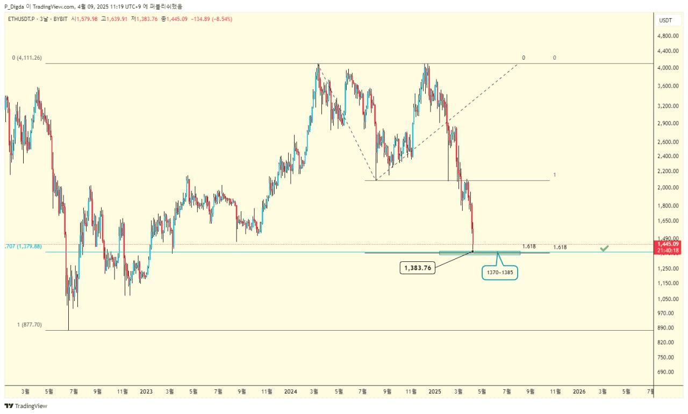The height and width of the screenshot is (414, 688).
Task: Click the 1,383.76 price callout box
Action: coord(417,268)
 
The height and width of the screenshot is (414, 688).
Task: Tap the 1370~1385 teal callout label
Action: coord(499,273)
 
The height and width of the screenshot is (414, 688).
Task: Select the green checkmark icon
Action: coord(604,248)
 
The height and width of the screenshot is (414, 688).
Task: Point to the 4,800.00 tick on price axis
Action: coord(668,36)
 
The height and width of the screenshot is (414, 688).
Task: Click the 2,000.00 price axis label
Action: coord(668,188)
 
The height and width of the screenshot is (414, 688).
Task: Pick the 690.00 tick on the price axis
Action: coord(665,372)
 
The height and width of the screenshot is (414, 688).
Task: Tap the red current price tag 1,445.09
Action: coord(669,244)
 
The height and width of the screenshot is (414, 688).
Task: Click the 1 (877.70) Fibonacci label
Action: coord(30,325)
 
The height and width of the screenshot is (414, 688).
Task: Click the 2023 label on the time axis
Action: coord(146,391)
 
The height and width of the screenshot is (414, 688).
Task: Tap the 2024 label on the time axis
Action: coord(290,391)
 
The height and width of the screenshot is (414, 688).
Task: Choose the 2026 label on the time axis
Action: coord(579,391)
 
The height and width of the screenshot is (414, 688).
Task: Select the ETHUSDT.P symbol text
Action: coord(20,19)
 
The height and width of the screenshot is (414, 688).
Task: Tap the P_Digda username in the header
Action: coord(15,6)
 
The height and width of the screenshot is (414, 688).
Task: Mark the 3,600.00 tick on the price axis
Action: coord(668,86)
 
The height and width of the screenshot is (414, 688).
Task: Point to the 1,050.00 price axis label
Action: coord(668,299)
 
